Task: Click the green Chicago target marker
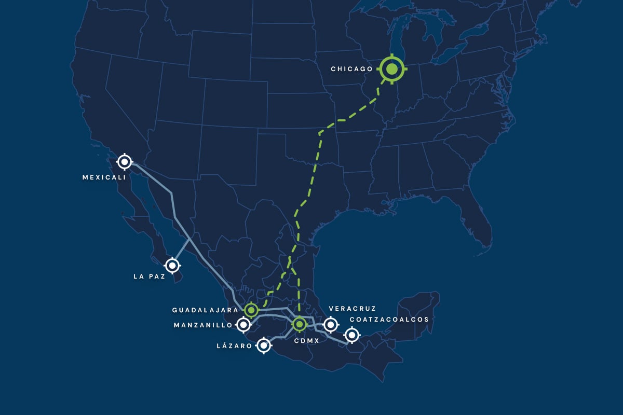pyautogui.click(x=391, y=68)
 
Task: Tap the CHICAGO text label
pyautogui.click(x=352, y=69)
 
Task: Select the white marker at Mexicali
pyautogui.click(x=124, y=162)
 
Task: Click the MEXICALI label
pyautogui.click(x=104, y=177)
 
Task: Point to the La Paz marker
pyautogui.click(x=173, y=266)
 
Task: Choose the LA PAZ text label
pyautogui.click(x=150, y=277)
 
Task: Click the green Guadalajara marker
pyautogui.click(x=251, y=310)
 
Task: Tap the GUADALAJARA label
pyautogui.click(x=205, y=310)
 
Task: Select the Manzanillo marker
pyautogui.click(x=243, y=325)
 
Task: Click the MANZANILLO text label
pyautogui.click(x=203, y=326)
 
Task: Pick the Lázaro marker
pyautogui.click(x=264, y=345)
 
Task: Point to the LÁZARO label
pyautogui.click(x=235, y=345)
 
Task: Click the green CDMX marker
pyautogui.click(x=300, y=325)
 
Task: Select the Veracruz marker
pyautogui.click(x=330, y=325)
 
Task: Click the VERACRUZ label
pyautogui.click(x=352, y=309)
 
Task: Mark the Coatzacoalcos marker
pyautogui.click(x=352, y=335)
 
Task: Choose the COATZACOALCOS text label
pyautogui.click(x=389, y=320)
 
